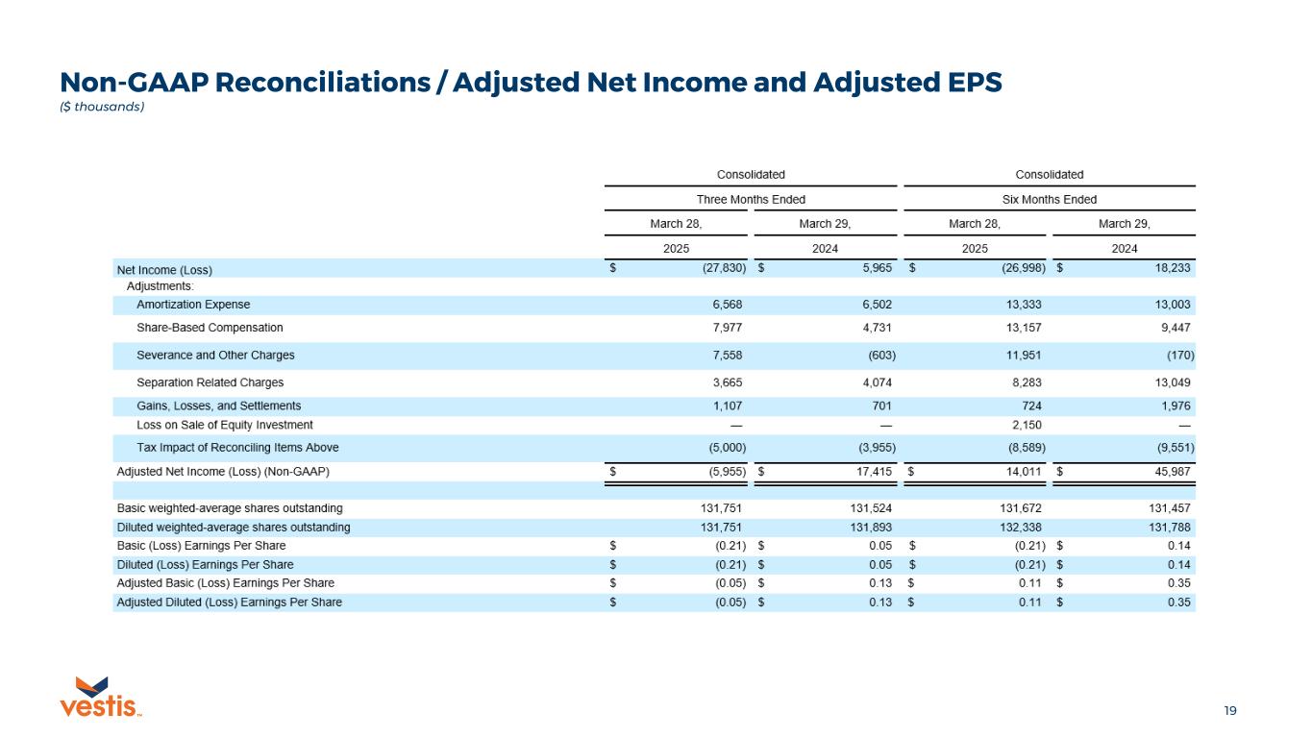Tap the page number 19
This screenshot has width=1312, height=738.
(1229, 711)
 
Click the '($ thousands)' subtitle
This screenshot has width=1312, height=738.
(102, 107)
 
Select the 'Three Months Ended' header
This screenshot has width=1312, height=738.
(751, 200)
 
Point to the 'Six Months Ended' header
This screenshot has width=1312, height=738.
(1049, 200)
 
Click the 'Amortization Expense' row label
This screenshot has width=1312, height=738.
(193, 305)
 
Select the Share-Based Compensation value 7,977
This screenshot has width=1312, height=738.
(727, 328)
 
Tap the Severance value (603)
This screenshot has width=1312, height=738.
(880, 356)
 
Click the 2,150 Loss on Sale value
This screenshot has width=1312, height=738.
(1027, 425)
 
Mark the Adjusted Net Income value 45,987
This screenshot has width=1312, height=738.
(1176, 473)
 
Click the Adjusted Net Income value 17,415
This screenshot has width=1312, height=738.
(875, 473)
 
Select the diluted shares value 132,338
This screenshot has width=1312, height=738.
(1023, 527)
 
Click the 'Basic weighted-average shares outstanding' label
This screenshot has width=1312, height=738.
(230, 507)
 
